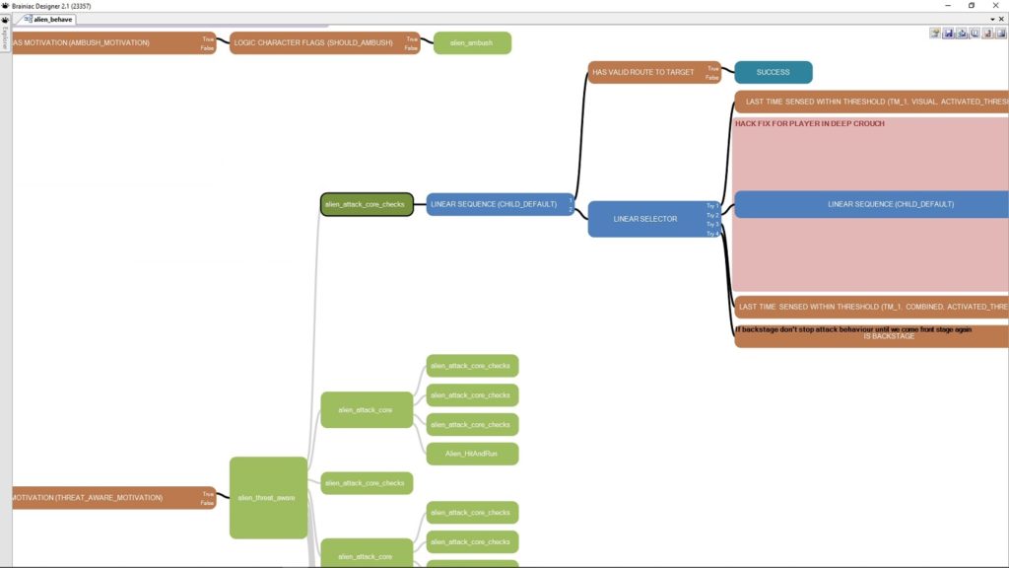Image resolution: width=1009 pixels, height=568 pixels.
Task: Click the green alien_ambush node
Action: click(x=472, y=42)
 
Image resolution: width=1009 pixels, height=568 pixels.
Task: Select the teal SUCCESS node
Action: click(x=773, y=72)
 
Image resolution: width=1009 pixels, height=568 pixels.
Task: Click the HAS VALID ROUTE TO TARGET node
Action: click(x=645, y=72)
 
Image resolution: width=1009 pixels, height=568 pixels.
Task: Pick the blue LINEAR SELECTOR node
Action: click(x=645, y=218)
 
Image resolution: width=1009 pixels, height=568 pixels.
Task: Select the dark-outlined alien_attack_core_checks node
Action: click(x=366, y=204)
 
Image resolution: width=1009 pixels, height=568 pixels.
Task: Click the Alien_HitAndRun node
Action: click(x=472, y=454)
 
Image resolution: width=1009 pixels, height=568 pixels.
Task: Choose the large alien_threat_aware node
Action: click(x=268, y=497)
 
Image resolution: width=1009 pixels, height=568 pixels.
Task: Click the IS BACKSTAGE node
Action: click(x=889, y=336)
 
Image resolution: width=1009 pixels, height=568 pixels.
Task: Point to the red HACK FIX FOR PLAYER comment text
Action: click(x=809, y=124)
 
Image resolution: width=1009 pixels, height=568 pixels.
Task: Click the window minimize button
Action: click(x=947, y=6)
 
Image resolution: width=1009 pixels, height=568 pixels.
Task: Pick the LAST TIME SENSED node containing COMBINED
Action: click(x=873, y=307)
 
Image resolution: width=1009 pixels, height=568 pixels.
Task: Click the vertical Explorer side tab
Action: click(x=5, y=36)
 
